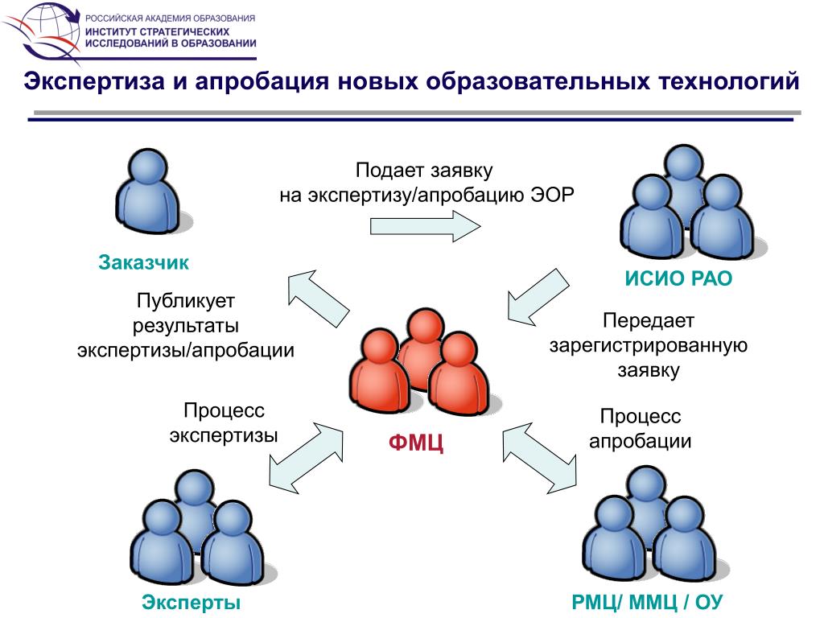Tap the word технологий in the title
[x=729, y=82]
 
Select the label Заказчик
[x=144, y=262]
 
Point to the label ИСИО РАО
[x=679, y=279]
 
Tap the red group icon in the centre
[x=414, y=362]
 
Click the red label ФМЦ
[x=415, y=443]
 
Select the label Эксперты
[x=192, y=602]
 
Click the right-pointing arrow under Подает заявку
[x=423, y=225]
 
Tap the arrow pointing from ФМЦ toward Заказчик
[x=318, y=299]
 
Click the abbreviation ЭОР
[x=553, y=196]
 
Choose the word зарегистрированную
[x=649, y=345]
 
